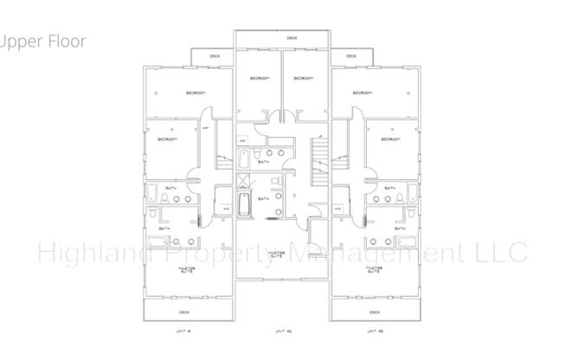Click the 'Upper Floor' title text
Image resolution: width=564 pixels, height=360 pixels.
(x=43, y=41)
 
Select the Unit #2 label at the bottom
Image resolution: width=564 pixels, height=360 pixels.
(x=282, y=331)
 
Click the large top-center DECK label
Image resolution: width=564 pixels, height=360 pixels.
(x=291, y=38)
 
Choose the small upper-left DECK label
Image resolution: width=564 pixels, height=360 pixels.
(x=214, y=57)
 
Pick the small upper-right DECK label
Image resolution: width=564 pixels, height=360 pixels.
(x=351, y=57)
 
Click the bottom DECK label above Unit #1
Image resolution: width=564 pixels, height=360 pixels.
(x=183, y=312)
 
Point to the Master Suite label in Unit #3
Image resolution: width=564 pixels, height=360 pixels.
(x=372, y=269)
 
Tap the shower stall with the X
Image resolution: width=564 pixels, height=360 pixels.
(x=243, y=181)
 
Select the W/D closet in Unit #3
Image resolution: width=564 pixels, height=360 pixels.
(x=337, y=209)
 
